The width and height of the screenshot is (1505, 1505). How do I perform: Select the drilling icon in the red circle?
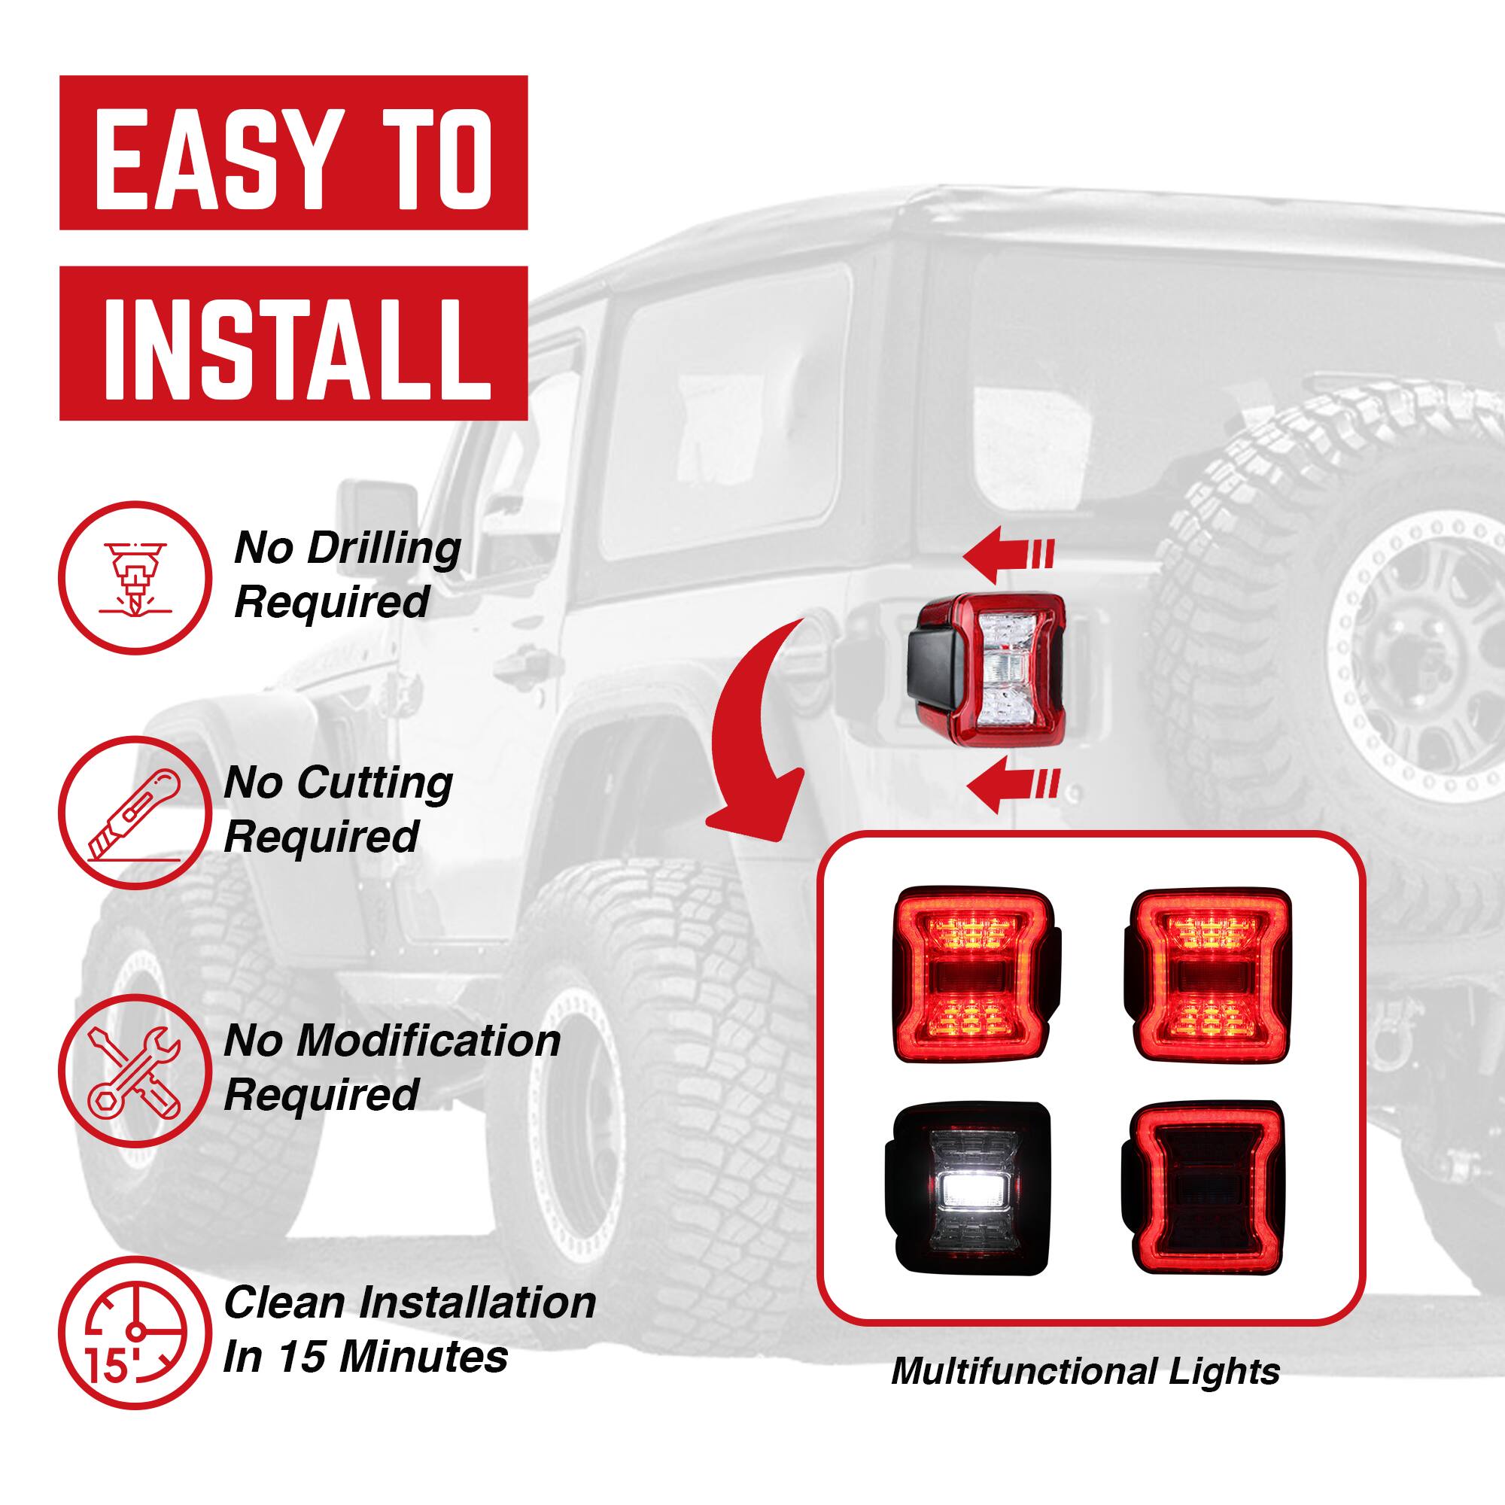pyautogui.click(x=135, y=578)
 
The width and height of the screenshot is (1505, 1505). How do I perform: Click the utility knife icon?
pyautogui.click(x=135, y=813)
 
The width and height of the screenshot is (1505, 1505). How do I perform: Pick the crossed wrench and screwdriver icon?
pyautogui.click(x=135, y=1069)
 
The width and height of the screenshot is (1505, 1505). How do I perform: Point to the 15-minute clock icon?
pyautogui.click(x=135, y=1327)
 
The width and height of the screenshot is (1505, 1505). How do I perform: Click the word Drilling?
pyautogui.click(x=383, y=550)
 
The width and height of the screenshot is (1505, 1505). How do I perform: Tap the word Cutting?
pyautogui.click(x=374, y=783)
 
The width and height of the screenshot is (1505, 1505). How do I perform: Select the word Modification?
pyautogui.click(x=427, y=1041)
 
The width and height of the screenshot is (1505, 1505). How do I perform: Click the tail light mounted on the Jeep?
pyautogui.click(x=986, y=670)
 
